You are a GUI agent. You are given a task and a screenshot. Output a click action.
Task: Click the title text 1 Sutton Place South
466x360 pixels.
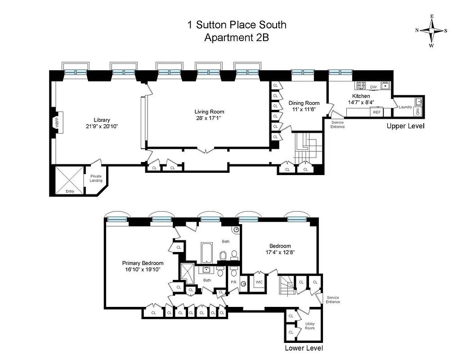click(237, 25)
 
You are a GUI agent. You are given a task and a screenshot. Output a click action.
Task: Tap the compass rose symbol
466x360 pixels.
click(431, 31)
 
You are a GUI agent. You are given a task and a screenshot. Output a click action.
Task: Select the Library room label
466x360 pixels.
click(102, 120)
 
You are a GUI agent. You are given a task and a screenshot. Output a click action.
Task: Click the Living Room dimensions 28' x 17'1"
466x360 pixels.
click(209, 118)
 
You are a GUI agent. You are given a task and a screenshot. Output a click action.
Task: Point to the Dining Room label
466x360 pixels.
click(304, 103)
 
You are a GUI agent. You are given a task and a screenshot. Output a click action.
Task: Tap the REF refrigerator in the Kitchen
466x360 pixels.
click(377, 112)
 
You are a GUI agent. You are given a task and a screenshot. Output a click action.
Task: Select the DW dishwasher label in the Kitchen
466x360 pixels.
click(373, 87)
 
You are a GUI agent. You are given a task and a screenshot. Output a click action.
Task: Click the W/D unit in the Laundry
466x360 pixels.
click(418, 111)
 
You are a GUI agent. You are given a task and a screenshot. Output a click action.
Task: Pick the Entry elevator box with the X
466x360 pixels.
click(69, 180)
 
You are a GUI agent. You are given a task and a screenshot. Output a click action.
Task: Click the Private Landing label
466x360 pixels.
click(96, 178)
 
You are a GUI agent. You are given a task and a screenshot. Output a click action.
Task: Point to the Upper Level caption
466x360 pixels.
click(405, 126)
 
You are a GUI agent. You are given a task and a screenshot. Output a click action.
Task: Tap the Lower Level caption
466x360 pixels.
click(304, 348)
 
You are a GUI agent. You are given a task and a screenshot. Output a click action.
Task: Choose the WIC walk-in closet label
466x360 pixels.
click(259, 282)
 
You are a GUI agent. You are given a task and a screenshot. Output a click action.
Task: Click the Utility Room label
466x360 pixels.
click(310, 326)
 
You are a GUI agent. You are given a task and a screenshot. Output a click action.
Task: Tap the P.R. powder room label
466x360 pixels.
click(234, 282)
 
